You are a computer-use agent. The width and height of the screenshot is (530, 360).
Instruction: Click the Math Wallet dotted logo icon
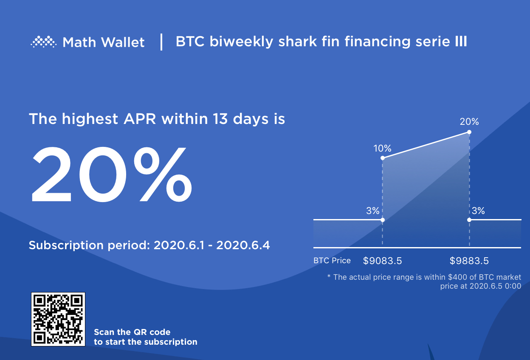pyautogui.click(x=44, y=42)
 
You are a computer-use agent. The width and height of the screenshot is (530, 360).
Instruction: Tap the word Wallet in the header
pyautogui.click(x=123, y=42)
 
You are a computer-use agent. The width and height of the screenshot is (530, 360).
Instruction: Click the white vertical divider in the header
pyautogui.click(x=161, y=42)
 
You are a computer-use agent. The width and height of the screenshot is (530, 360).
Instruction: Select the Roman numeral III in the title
pyautogui.click(x=461, y=42)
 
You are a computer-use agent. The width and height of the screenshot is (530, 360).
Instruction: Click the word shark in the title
pyautogui.click(x=297, y=42)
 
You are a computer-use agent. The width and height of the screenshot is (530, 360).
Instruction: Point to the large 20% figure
pyautogui.click(x=111, y=174)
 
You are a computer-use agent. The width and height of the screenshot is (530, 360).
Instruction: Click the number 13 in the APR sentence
pyautogui.click(x=220, y=118)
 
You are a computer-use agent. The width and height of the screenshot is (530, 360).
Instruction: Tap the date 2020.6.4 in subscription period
pyautogui.click(x=243, y=245)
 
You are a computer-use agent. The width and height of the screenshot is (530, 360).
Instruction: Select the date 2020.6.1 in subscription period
pyautogui.click(x=179, y=245)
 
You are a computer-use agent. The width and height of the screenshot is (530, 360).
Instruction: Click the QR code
pyautogui.click(x=58, y=319)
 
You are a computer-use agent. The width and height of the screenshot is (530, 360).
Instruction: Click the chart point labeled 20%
pyautogui.click(x=469, y=132)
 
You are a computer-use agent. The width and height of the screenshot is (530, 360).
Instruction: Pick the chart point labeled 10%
pyautogui.click(x=383, y=158)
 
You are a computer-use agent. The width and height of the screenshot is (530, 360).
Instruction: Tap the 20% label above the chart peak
pyautogui.click(x=469, y=121)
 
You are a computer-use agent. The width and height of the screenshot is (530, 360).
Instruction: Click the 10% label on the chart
pyautogui.click(x=382, y=148)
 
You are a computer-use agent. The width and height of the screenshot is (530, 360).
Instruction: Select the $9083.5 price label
pyautogui.click(x=382, y=261)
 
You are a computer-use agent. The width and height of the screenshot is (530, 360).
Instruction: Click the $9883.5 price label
pyautogui.click(x=469, y=261)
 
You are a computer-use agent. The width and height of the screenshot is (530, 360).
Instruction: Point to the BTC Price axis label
pyautogui.click(x=332, y=260)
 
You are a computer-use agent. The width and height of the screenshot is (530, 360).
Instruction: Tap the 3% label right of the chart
pyautogui.click(x=478, y=211)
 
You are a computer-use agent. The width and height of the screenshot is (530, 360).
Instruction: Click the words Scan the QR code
pyautogui.click(x=132, y=332)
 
